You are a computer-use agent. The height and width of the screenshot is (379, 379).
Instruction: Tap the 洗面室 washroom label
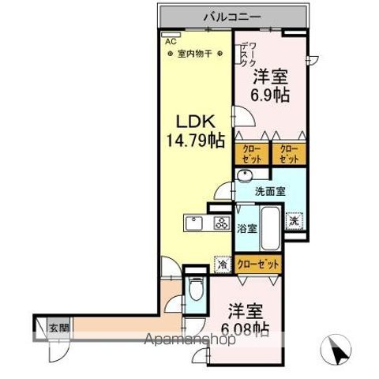pos(269,190)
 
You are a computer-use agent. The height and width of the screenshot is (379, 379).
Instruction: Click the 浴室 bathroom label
pos(246,229)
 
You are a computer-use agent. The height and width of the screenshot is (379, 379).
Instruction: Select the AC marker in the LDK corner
pos(169,37)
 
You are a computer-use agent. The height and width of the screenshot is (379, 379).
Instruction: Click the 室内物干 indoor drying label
pos(194,54)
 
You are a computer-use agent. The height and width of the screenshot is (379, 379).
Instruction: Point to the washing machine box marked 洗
pos(294,222)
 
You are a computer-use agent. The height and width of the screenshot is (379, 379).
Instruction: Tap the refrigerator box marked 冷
pos(224,265)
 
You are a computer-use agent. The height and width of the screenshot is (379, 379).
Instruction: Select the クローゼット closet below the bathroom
pos(257,265)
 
